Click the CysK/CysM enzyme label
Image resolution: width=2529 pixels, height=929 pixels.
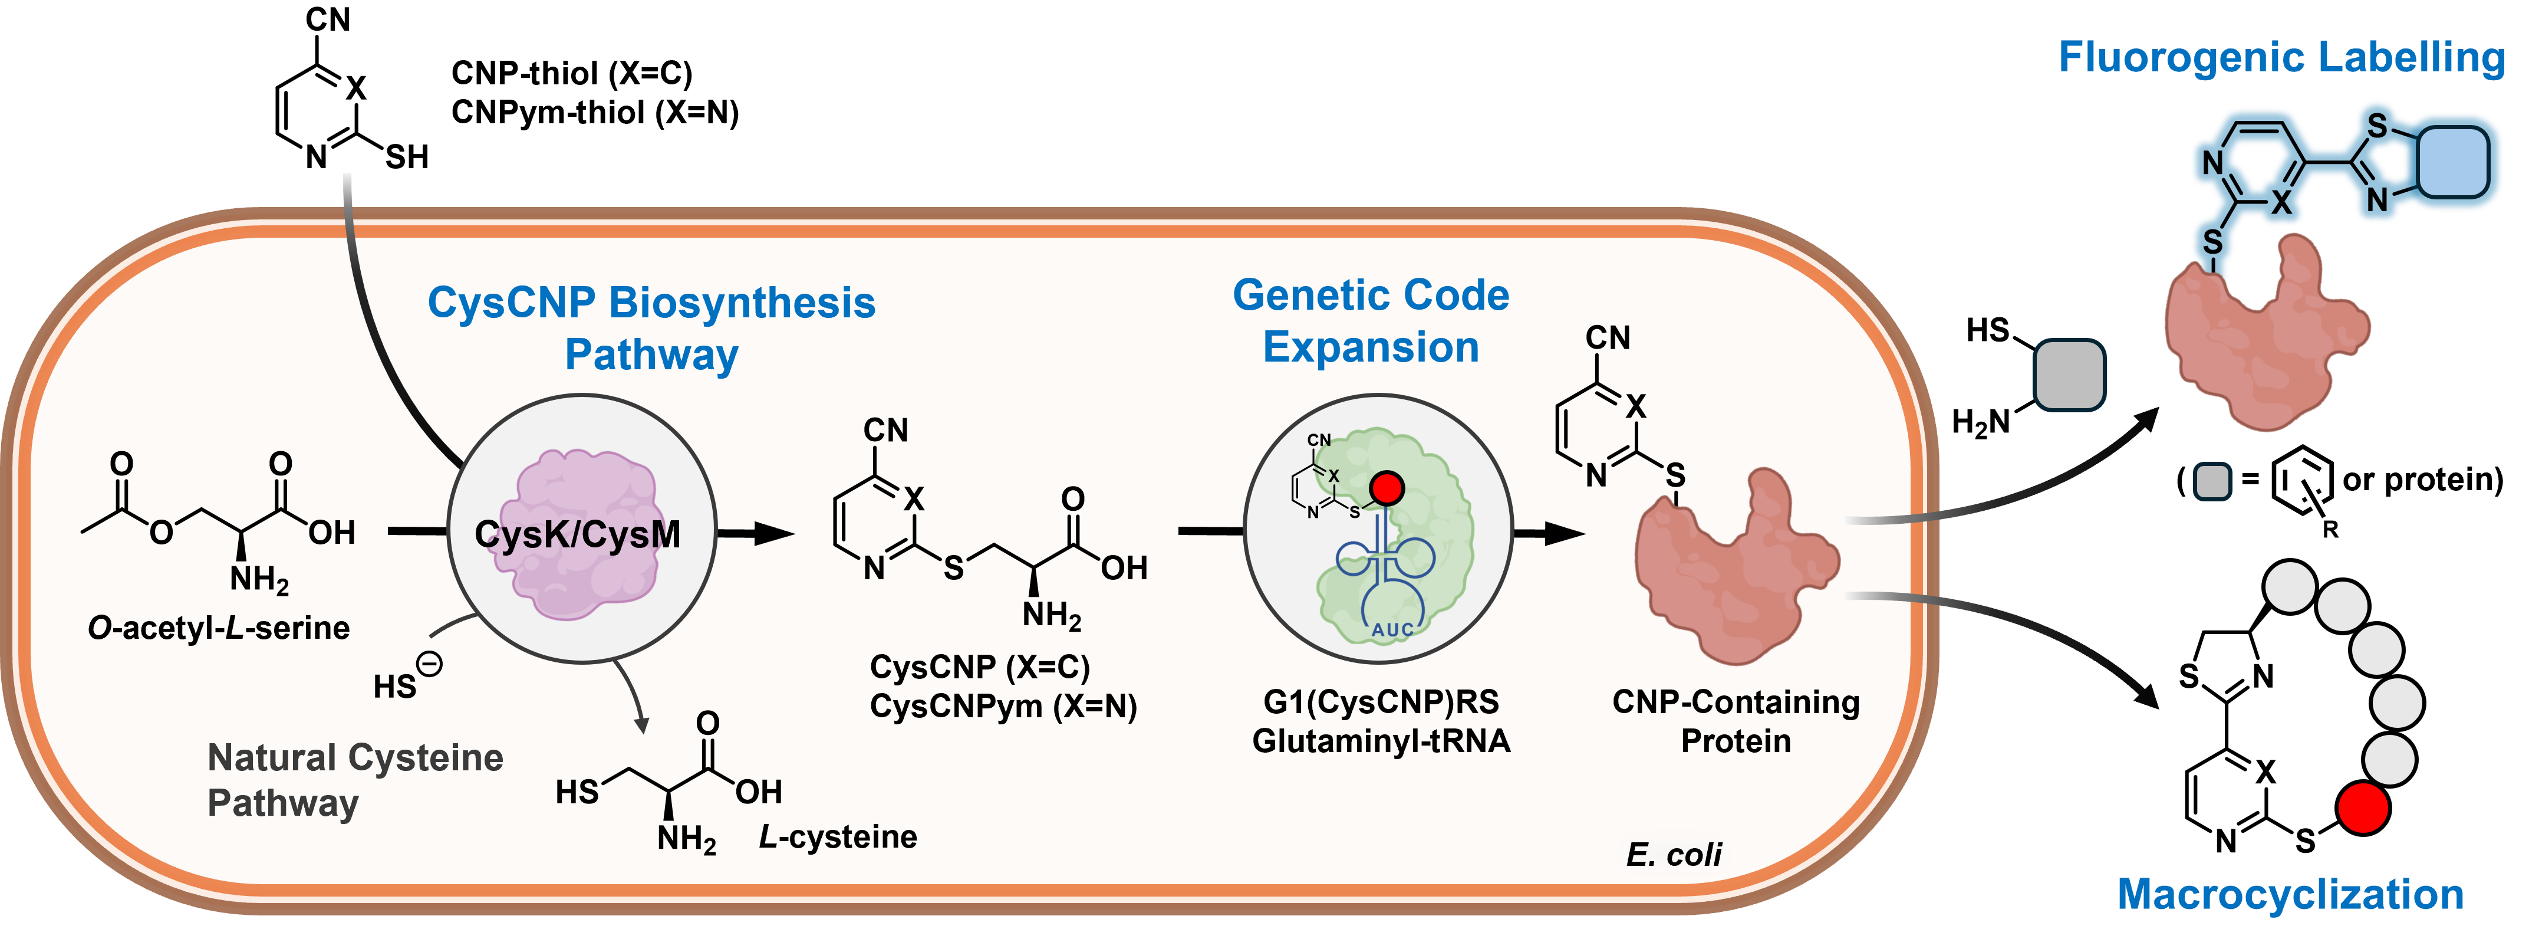(577, 535)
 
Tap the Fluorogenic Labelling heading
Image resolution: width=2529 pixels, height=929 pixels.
(2281, 57)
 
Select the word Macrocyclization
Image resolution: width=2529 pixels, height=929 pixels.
(2290, 895)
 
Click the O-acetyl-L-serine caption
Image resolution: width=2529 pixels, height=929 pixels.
(219, 628)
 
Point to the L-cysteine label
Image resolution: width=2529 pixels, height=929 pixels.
(838, 836)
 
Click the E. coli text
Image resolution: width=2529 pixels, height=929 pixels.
(1673, 854)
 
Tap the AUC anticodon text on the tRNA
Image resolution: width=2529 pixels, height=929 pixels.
(1392, 629)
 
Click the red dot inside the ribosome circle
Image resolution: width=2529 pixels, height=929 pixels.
(1387, 488)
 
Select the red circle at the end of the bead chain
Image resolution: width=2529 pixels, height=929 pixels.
(2362, 808)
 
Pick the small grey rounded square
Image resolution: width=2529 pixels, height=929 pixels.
(2212, 481)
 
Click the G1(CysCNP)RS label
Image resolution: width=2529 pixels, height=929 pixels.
(1381, 702)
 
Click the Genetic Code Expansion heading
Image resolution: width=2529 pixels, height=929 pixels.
(1371, 321)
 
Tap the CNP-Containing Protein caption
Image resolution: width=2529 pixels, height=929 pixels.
(1735, 721)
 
